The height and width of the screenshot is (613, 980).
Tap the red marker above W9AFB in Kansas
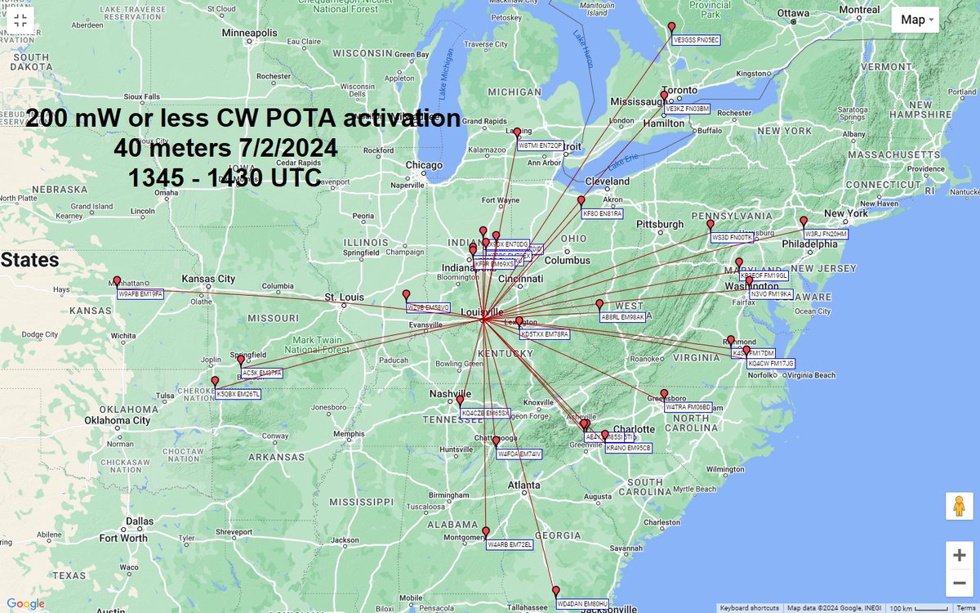[117, 281]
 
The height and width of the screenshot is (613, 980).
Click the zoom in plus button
[959, 555]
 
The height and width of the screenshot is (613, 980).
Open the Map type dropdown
[919, 20]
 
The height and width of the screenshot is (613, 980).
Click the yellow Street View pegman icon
[959, 507]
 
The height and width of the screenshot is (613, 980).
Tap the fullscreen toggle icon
[21, 21]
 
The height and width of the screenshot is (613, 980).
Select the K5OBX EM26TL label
[238, 394]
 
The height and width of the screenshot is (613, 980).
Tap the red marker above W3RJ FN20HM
[804, 221]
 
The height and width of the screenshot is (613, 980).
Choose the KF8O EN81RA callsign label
[602, 213]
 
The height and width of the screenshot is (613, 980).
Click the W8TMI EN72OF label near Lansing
[540, 145]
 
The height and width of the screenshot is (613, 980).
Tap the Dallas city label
[139, 521]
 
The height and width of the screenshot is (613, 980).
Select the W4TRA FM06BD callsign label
[688, 406]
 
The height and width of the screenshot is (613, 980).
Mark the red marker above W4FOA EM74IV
[496, 441]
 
